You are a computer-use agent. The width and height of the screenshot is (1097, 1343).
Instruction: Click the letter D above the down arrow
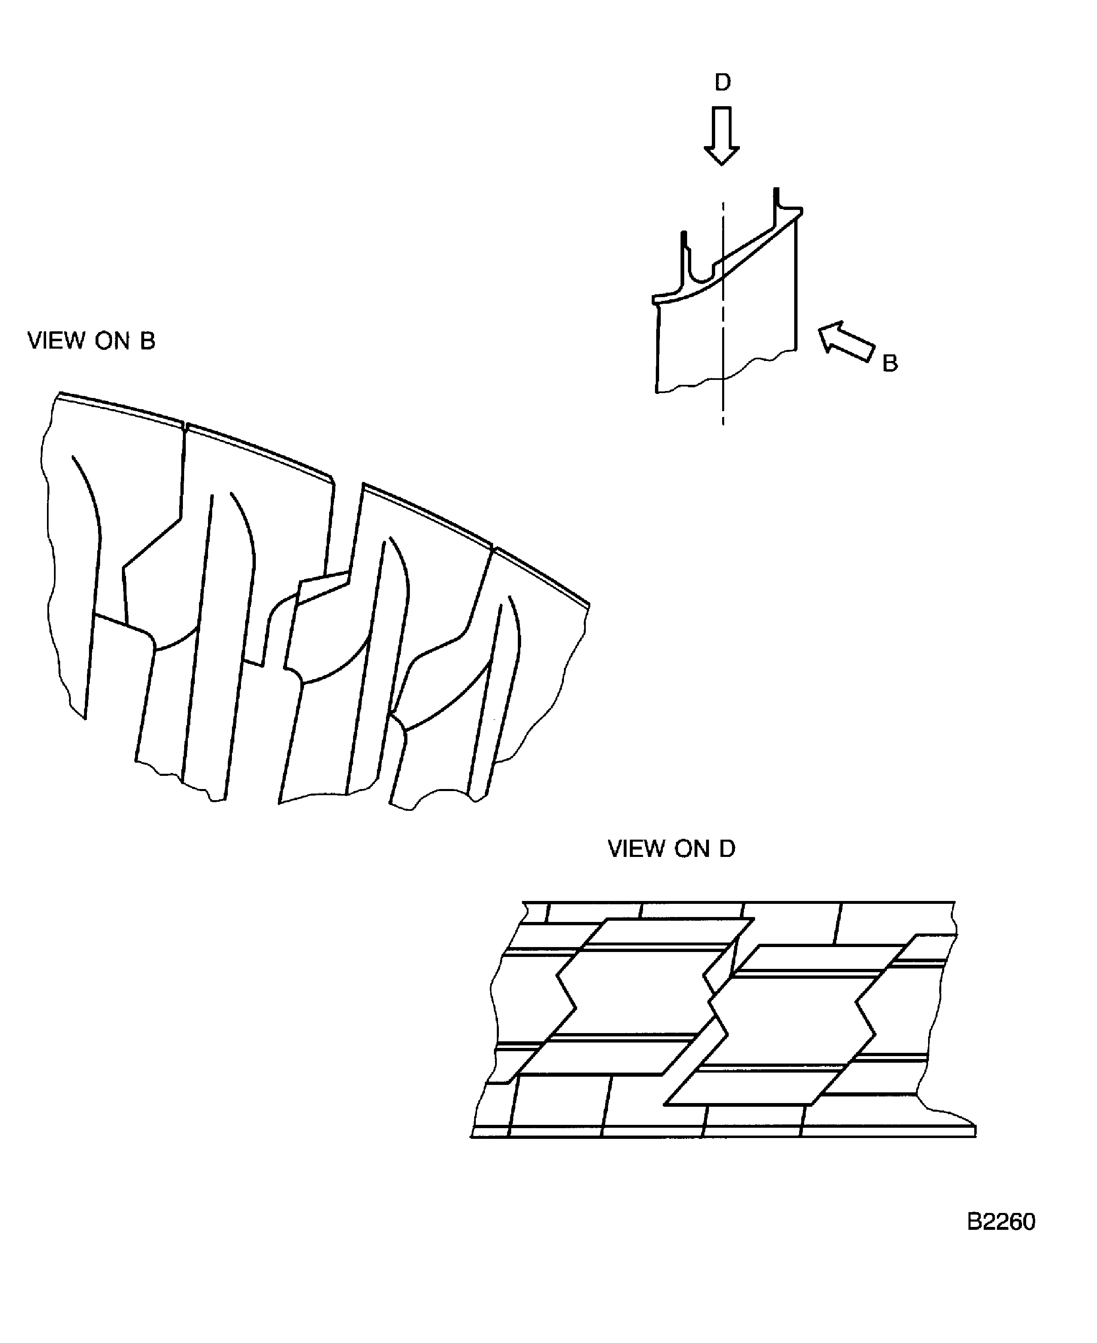(x=722, y=82)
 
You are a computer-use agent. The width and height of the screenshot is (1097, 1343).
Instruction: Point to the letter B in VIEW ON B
(x=147, y=341)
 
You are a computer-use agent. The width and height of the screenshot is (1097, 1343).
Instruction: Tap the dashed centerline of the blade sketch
(x=723, y=328)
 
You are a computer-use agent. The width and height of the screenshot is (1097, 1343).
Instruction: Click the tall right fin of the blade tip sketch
(x=777, y=208)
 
